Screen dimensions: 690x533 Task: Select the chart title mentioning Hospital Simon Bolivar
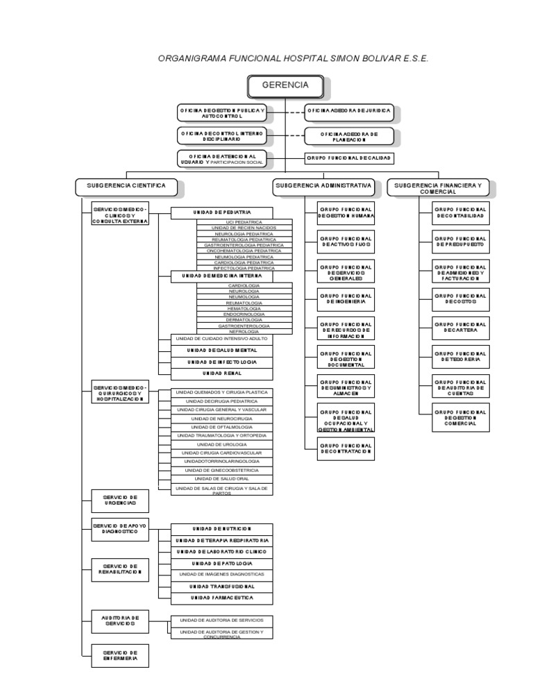click(x=294, y=59)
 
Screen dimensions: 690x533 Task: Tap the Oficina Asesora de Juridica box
click(x=350, y=110)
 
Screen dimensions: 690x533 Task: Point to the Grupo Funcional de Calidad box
click(x=350, y=158)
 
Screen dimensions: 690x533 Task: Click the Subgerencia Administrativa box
click(x=324, y=186)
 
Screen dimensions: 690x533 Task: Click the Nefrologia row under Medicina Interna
click(x=244, y=332)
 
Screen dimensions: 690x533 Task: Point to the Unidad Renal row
click(x=222, y=373)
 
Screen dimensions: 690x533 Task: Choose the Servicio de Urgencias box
click(x=120, y=500)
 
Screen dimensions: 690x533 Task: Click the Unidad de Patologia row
click(x=222, y=563)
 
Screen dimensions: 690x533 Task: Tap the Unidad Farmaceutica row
click(x=222, y=597)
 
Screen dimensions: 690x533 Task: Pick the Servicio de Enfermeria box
click(x=120, y=655)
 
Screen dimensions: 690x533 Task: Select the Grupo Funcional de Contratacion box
click(x=346, y=447)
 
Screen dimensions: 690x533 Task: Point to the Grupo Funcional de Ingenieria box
click(x=346, y=298)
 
